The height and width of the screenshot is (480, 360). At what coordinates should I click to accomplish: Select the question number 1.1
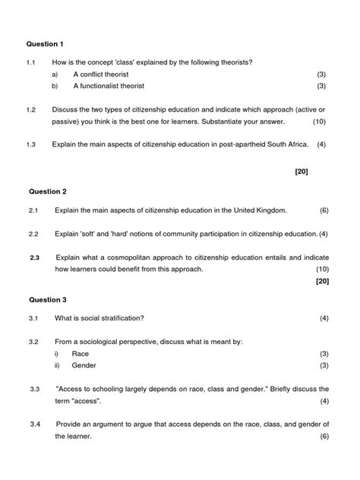click(31, 62)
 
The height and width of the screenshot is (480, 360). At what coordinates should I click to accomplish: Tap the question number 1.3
click(31, 144)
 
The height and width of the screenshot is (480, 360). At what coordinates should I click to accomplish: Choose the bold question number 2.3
click(35, 257)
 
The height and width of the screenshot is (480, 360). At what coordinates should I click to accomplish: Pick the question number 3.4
click(35, 423)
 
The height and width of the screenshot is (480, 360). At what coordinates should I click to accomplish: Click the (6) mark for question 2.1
click(324, 210)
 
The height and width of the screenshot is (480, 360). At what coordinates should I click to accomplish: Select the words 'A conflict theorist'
click(101, 74)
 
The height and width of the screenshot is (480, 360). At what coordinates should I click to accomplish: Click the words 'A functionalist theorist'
click(109, 87)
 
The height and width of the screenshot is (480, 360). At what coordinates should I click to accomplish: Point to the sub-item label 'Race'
click(81, 354)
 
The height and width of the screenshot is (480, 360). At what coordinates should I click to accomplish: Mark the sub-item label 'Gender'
click(84, 366)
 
